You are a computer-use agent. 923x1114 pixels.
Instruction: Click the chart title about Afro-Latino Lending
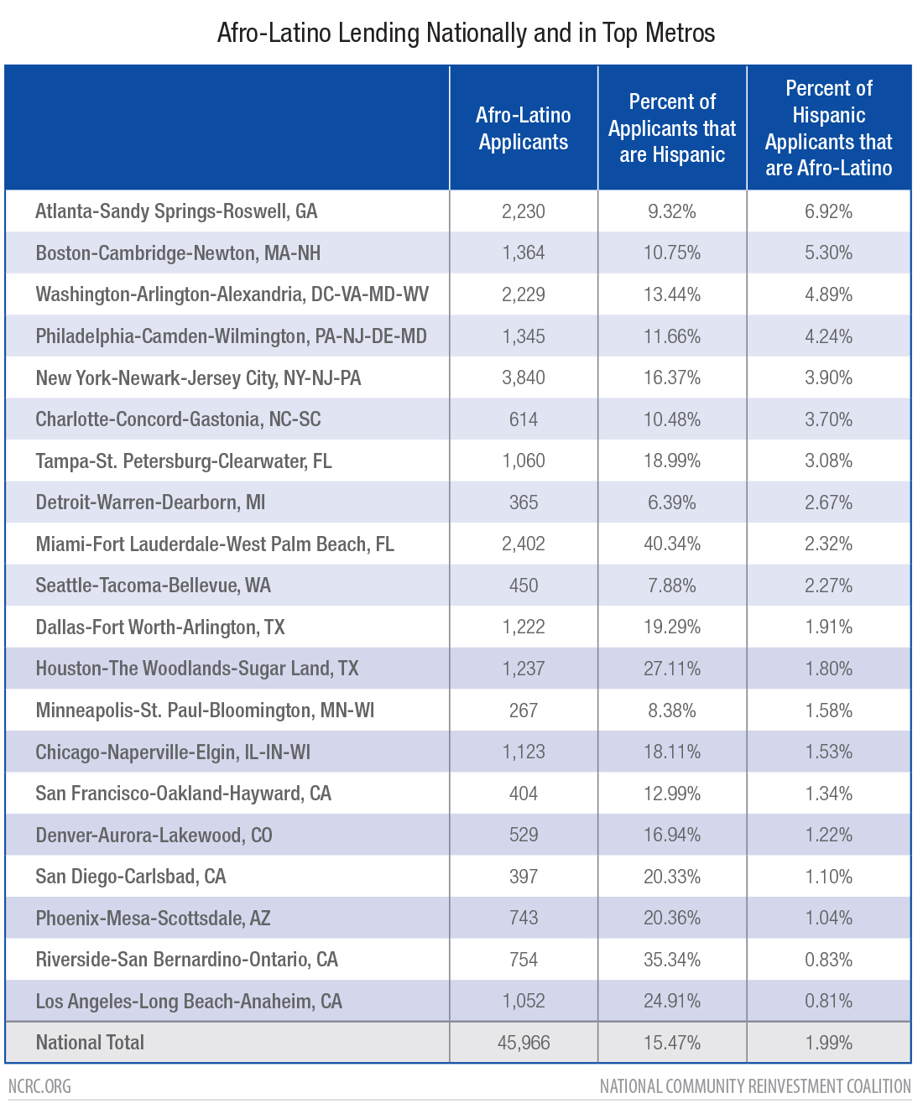pos(466,33)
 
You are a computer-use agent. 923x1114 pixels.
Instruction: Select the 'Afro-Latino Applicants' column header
pos(523,128)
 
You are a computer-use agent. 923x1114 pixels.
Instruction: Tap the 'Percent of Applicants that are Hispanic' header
pos(672,128)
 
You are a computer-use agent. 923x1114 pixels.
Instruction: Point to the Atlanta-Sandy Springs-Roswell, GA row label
pos(176,211)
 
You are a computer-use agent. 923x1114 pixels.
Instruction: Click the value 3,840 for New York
pos(523,377)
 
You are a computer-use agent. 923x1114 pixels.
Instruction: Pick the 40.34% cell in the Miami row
pos(672,544)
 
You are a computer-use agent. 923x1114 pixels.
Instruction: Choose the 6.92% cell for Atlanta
pos(828,211)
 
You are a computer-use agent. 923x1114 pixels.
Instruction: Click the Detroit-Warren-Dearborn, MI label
pos(150,502)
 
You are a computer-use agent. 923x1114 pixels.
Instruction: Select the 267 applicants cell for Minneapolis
pos(523,711)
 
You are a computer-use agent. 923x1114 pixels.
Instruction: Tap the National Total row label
pos(90,1043)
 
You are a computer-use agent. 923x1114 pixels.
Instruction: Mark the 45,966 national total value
pos(523,1043)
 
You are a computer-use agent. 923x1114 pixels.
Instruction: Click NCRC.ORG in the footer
pos(39,1086)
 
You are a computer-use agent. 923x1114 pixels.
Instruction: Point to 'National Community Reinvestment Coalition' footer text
pos(755,1086)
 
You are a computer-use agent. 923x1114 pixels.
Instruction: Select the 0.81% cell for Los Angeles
pos(828,1001)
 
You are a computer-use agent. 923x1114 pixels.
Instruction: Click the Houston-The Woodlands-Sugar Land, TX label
pos(197,669)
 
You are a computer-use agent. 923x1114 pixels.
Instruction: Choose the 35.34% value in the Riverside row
pos(672,960)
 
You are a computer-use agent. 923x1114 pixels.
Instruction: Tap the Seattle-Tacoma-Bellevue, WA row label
pos(154,586)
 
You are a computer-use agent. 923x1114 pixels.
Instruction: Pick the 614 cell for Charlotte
pos(523,419)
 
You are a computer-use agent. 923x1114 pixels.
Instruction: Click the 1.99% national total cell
pos(828,1043)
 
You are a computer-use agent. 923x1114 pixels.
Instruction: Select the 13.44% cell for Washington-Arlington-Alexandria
pos(672,294)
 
